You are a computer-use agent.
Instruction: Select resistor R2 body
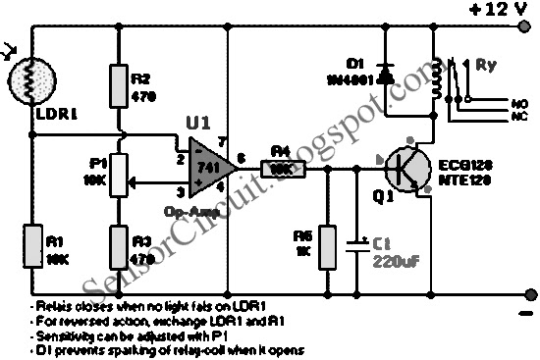pos(120,89)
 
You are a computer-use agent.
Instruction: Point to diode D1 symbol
pos(384,73)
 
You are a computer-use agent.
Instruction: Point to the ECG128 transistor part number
pos(457,163)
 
